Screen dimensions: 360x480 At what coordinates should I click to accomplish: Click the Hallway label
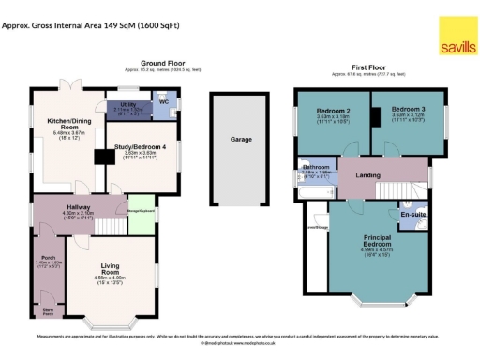coord(76,207)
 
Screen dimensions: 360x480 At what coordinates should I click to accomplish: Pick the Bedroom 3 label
coord(409,110)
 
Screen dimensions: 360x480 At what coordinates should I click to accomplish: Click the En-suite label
coord(412,214)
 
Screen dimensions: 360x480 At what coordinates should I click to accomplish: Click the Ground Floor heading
coord(162,64)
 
